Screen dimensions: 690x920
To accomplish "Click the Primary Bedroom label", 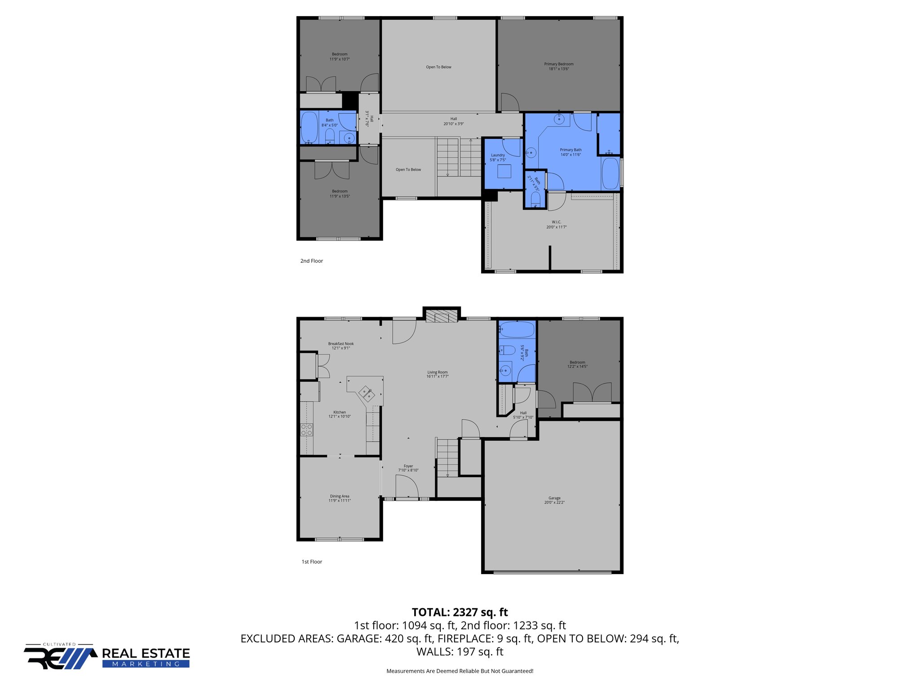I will (x=558, y=66).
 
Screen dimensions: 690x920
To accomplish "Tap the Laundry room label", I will (x=498, y=157).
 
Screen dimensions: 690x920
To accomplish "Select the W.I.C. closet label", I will (x=556, y=225).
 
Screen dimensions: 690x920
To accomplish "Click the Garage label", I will (x=554, y=500).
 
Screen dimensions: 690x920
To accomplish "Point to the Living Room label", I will (x=437, y=374).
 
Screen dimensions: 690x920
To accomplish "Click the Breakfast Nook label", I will (x=341, y=345).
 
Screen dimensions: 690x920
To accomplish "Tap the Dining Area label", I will (x=339, y=498).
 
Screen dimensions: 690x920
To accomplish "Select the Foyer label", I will (x=408, y=468).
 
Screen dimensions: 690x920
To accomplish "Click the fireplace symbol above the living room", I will (x=441, y=317).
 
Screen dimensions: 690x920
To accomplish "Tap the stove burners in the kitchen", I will (x=306, y=429).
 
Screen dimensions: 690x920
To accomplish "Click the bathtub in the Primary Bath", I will (x=610, y=173).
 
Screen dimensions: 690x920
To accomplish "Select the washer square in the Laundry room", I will (x=504, y=172).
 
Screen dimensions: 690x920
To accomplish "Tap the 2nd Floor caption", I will (x=311, y=261).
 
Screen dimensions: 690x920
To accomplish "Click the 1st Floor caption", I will (x=312, y=562).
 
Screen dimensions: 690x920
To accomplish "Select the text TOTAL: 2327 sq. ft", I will (x=460, y=612).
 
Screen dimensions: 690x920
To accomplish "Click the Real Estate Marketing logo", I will (x=107, y=657).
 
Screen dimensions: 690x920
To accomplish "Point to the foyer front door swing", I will (x=407, y=487).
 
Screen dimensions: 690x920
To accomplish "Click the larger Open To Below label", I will (x=438, y=67).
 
